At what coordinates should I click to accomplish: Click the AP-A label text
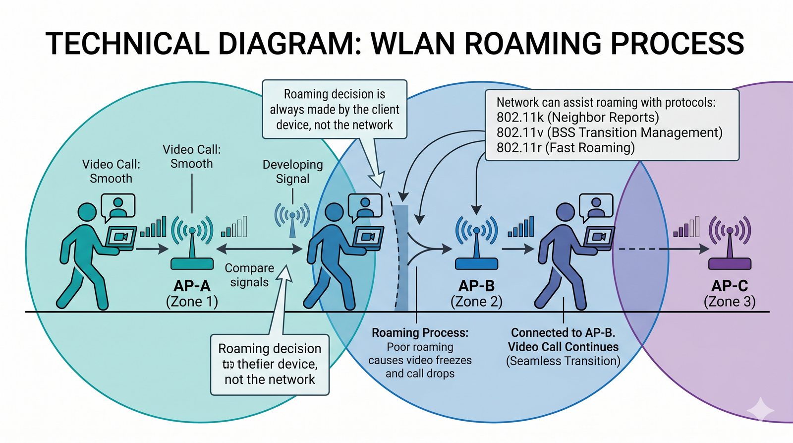pos(192,286)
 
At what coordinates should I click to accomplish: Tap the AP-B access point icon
pos(476,243)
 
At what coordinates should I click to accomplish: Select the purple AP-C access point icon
pos(730,243)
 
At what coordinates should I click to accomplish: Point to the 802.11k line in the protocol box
pos(577,118)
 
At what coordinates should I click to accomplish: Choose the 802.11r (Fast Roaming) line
pos(566,148)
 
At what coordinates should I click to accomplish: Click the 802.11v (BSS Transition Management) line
pos(609,132)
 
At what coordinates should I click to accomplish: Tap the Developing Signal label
pos(292,172)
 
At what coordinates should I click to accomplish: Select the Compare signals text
pos(249,275)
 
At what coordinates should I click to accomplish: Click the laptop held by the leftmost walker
pos(120,238)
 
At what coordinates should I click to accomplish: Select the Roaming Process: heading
pos(420,332)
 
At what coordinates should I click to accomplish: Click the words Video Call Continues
pos(563,347)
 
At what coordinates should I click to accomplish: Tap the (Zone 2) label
pos(476,302)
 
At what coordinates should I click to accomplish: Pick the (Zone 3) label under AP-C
pos(730,302)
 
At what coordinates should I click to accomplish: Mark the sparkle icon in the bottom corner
pos(760,410)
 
